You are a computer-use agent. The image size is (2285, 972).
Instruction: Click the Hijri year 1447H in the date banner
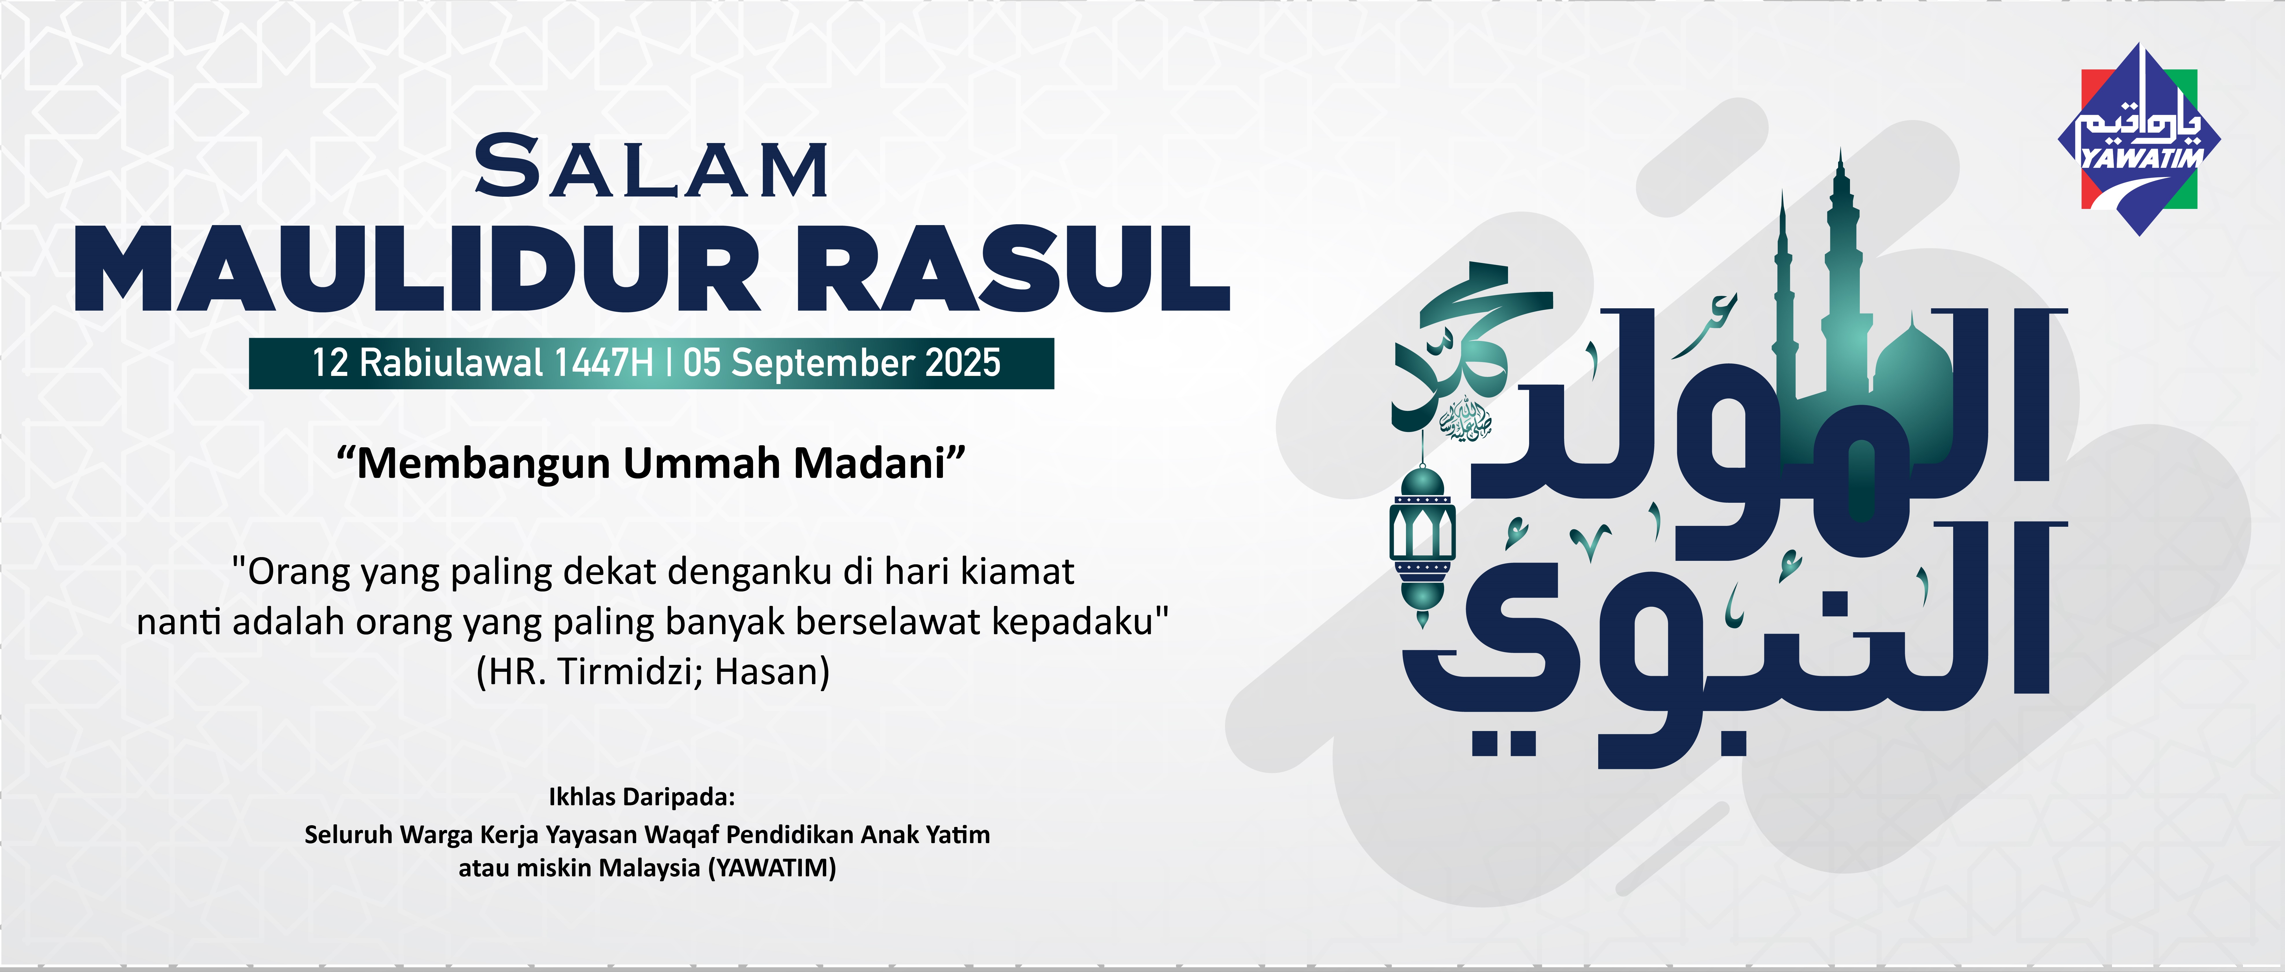603,363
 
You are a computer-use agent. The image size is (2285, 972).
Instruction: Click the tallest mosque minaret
1842,266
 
